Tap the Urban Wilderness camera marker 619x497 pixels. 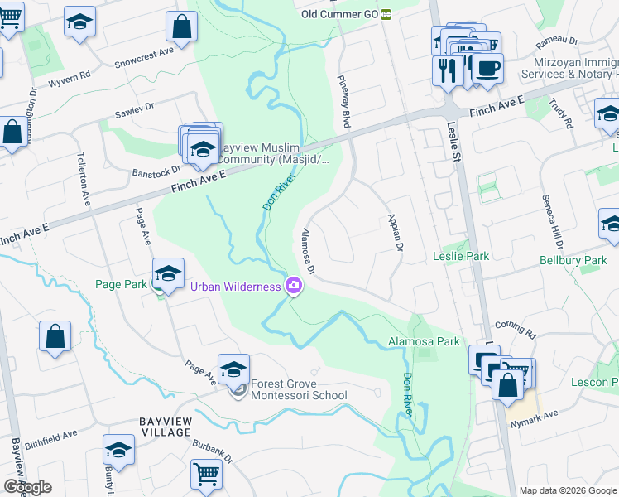[293, 287]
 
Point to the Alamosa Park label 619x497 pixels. [424, 341]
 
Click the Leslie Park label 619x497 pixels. [461, 257]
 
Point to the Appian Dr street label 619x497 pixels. [394, 233]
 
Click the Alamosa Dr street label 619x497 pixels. [308, 251]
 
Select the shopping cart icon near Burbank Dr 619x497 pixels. [206, 475]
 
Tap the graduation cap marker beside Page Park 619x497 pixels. [168, 273]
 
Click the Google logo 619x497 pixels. [27, 487]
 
